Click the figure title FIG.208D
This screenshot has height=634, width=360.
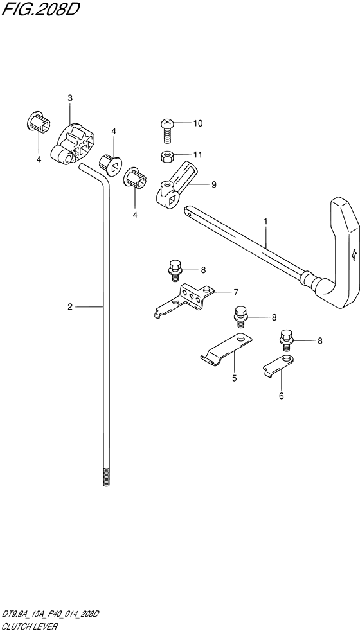[39, 9]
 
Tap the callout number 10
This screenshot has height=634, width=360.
[198, 123]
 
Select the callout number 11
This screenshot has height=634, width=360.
[198, 154]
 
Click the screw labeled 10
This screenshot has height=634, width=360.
[168, 130]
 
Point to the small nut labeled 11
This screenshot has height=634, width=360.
[166, 155]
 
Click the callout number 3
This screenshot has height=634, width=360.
[70, 98]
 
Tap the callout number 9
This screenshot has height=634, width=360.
[213, 185]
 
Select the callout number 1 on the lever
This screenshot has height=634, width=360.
[265, 221]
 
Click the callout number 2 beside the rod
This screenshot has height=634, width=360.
[70, 307]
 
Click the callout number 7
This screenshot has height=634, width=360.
[236, 292]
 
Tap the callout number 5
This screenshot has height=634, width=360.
[234, 378]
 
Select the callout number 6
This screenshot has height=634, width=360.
[282, 396]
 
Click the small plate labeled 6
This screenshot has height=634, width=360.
[279, 364]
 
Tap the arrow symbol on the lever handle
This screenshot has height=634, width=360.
[354, 254]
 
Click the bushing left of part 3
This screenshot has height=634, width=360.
[38, 121]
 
